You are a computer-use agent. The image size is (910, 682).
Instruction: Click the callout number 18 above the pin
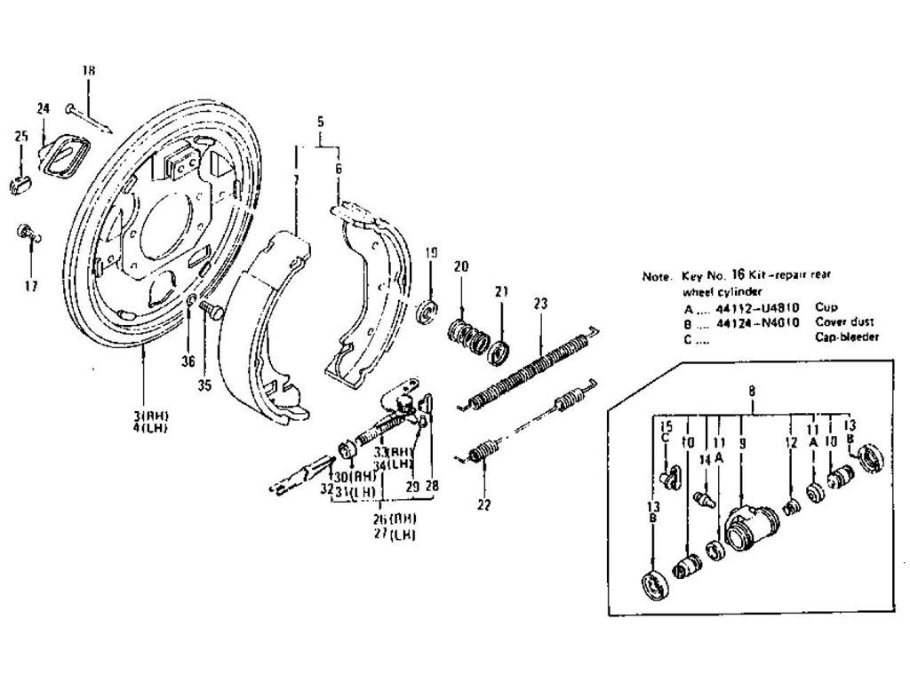88,70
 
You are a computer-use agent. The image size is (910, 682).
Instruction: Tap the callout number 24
43,108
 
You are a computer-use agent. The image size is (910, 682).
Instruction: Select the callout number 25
21,136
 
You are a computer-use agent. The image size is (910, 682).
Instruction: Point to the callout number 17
31,286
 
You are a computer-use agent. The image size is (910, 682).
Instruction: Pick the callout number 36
188,361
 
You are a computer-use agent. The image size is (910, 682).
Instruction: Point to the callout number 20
460,266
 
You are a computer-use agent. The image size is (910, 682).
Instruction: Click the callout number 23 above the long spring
539,302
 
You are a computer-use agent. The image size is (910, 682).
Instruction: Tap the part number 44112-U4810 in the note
757,307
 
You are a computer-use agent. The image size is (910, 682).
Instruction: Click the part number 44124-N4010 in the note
757,321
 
